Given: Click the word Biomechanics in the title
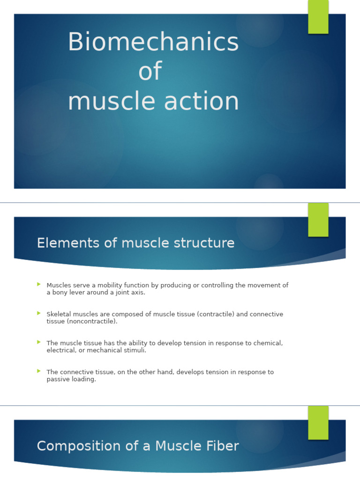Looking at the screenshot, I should (x=153, y=42).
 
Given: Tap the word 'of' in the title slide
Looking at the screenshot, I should (x=150, y=72).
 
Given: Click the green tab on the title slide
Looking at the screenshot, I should (x=318, y=16).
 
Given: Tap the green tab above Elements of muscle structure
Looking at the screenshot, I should (x=318, y=219).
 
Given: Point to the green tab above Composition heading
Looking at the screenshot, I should (x=318, y=422).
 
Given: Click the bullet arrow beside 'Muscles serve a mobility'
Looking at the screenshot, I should (x=39, y=285).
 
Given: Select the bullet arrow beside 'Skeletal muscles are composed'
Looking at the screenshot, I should (x=39, y=314).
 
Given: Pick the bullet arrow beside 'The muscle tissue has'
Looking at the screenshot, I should (x=39, y=343).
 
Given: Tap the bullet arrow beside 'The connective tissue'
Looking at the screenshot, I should (x=39, y=371).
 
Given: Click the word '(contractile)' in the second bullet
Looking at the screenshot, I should (x=216, y=314).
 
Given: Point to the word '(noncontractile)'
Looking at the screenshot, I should (x=89, y=322).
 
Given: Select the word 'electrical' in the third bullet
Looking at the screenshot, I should (x=61, y=350).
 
